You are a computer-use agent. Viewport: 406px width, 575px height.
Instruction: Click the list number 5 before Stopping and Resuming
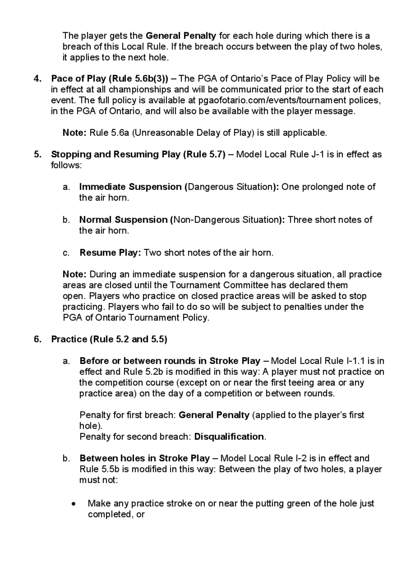(x=37, y=154)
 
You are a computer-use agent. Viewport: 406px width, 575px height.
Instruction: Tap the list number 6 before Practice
(x=37, y=339)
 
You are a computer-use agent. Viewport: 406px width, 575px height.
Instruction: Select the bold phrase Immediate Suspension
(x=131, y=187)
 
